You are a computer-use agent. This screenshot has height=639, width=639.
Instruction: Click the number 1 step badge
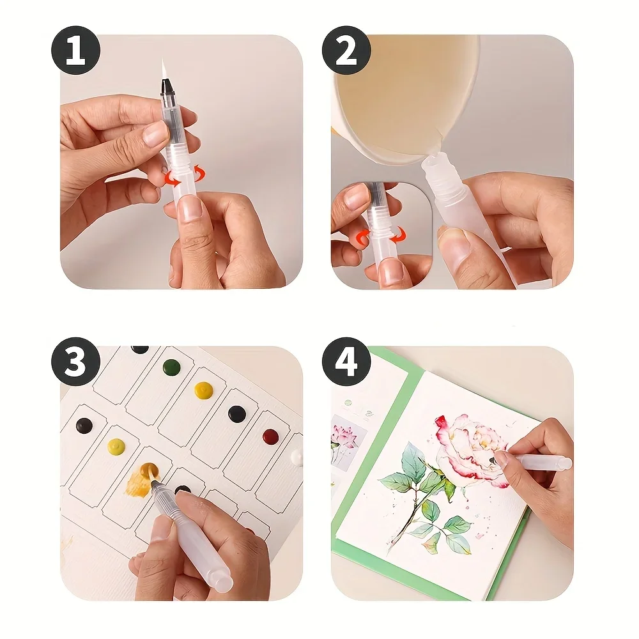point(76,50)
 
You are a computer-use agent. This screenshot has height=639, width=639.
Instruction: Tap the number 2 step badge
point(346,50)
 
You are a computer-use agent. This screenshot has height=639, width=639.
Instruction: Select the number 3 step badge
point(76,362)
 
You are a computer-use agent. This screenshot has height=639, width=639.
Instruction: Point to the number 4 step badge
point(346,362)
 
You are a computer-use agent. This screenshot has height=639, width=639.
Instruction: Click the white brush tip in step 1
point(164,68)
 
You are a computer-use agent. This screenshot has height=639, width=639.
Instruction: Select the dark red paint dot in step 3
point(270,436)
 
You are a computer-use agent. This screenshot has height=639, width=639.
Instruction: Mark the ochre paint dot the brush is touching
point(148,472)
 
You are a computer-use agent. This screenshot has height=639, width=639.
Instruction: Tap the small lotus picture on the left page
point(347,441)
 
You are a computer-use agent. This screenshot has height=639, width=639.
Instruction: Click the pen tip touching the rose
point(491,461)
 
